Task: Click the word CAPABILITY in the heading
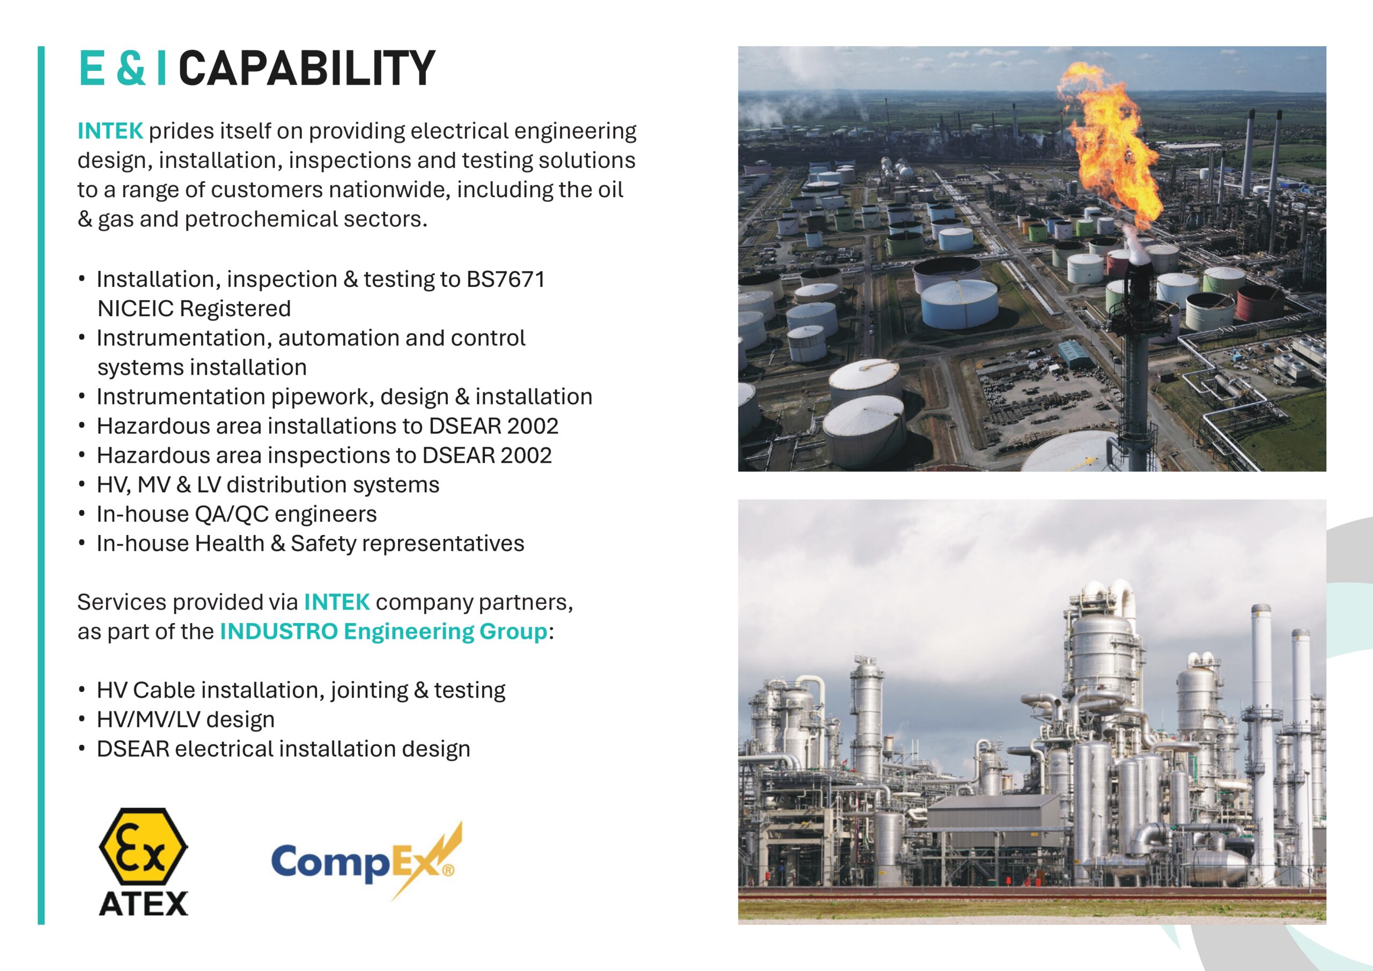(x=306, y=68)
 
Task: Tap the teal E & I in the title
(x=123, y=68)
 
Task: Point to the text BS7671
(x=505, y=279)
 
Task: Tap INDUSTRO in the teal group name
(x=279, y=632)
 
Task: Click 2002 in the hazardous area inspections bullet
(x=526, y=456)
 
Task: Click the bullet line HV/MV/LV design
(x=186, y=720)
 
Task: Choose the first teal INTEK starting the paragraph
(x=110, y=131)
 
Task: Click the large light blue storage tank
(x=958, y=303)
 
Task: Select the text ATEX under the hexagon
(x=143, y=903)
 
